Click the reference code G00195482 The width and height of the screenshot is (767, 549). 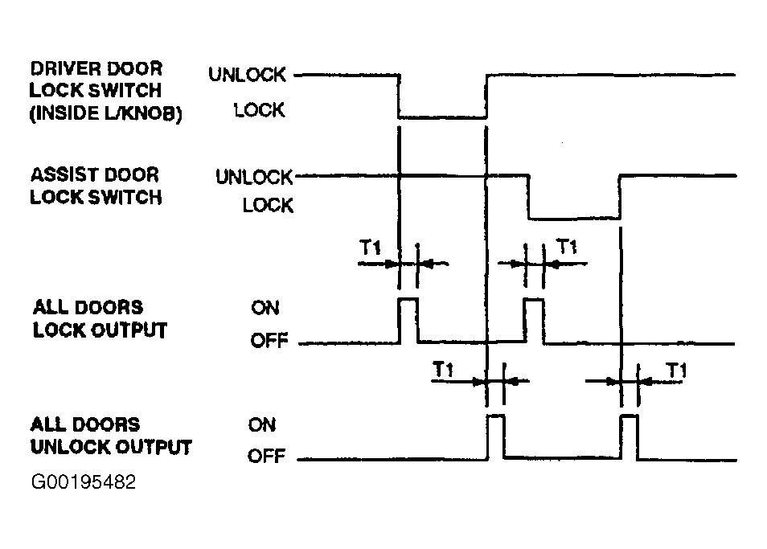point(83,482)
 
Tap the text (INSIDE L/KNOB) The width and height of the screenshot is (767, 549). point(105,113)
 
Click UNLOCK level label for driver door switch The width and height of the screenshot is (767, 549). point(247,75)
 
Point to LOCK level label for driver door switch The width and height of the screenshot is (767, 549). point(259,110)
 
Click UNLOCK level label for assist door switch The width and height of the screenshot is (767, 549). point(254,177)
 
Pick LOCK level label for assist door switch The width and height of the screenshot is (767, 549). point(268,205)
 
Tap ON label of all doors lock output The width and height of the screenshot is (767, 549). point(265,308)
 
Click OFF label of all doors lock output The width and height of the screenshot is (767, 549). point(269,340)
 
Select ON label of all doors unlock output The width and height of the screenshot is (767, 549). point(262,425)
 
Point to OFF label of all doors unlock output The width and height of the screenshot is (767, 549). point(267,456)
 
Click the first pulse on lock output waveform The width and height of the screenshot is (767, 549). point(409,299)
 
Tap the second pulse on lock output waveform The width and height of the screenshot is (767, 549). point(534,299)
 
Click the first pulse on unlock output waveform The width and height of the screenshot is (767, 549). point(496,416)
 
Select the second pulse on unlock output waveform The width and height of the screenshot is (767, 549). point(630,416)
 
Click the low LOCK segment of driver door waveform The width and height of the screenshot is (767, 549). point(443,117)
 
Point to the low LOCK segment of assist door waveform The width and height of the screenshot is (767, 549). point(574,218)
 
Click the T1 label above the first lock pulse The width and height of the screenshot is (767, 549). point(371,248)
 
